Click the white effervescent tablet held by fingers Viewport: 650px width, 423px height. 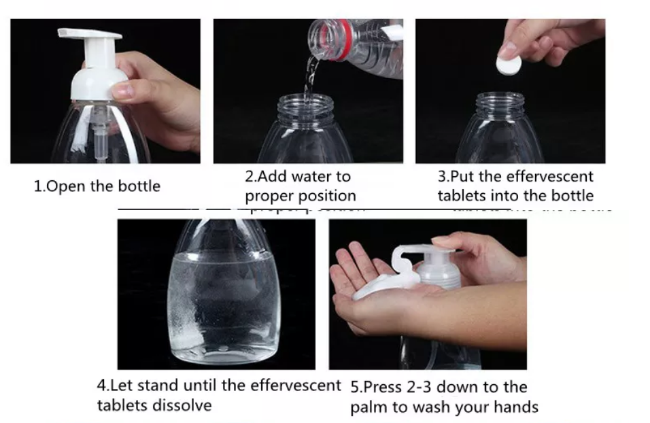point(509,65)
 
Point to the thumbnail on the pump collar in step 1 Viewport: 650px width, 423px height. point(123,90)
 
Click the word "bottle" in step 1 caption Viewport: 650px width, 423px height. point(139,186)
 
